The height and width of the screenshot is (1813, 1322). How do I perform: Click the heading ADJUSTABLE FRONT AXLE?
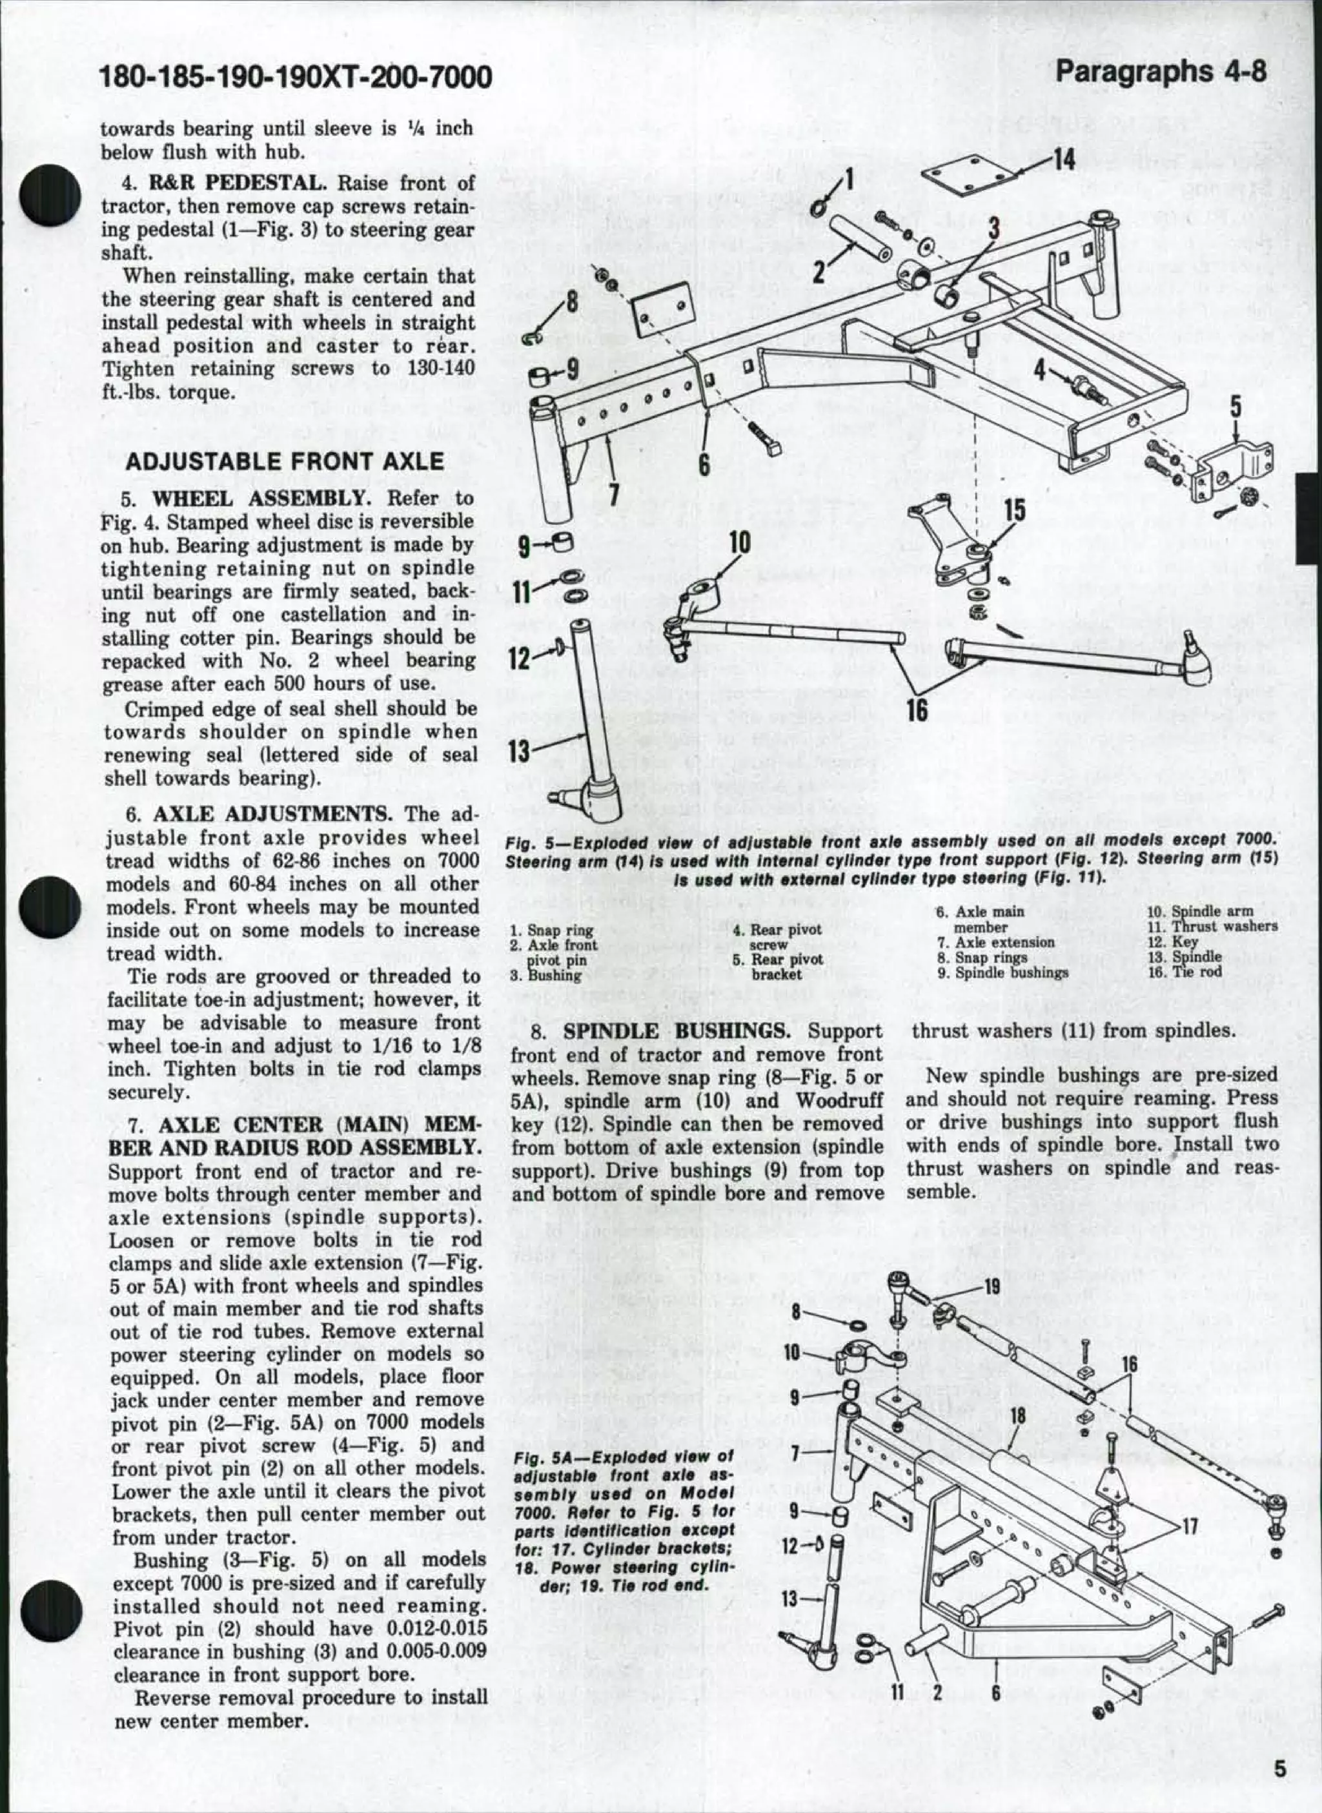(x=284, y=462)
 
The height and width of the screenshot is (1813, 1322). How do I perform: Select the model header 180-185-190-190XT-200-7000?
(x=294, y=77)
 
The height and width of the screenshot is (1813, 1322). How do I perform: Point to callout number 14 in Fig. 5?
(x=1064, y=160)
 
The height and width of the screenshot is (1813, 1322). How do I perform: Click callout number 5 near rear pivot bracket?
(x=1236, y=407)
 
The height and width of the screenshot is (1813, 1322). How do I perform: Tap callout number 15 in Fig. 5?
(x=1014, y=511)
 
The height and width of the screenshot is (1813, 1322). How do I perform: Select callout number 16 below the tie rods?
(x=917, y=708)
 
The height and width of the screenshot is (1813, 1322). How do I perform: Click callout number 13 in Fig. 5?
(x=520, y=750)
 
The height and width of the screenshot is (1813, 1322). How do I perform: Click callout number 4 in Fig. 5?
(x=1039, y=369)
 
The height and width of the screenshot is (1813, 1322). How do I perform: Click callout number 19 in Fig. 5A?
(x=991, y=1287)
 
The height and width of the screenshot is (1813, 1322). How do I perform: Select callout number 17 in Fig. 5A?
(x=1190, y=1525)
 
